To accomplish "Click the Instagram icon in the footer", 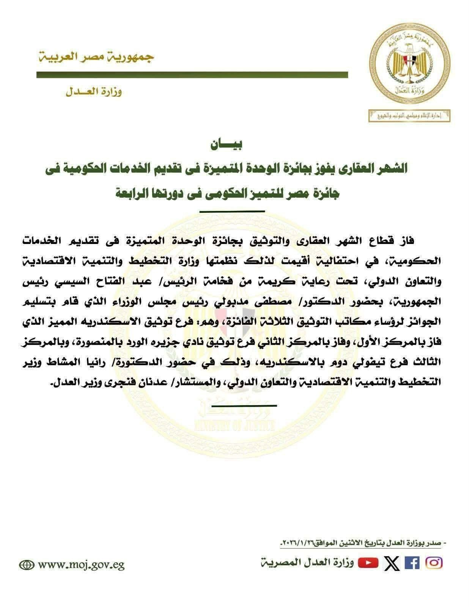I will click(x=434, y=563).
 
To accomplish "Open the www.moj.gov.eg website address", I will click(x=82, y=565).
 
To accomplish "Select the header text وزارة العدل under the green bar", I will click(x=93, y=92).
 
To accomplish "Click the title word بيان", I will click(x=227, y=145).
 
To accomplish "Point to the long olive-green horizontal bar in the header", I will click(x=192, y=75).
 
